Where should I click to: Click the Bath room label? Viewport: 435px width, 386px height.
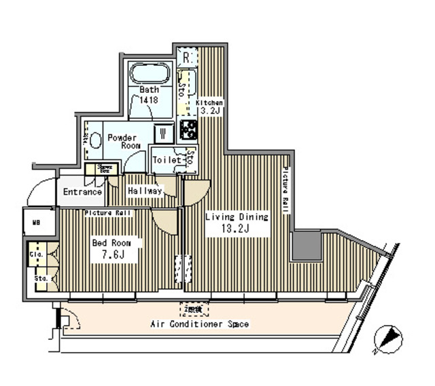150,90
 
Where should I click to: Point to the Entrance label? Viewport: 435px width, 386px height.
82,192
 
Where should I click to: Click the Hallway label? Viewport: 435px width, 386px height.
145,191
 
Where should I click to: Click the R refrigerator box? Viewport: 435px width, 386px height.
186,57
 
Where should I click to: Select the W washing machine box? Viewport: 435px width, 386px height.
163,133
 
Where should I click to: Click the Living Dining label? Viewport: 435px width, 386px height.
237,217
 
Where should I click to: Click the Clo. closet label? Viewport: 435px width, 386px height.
36,255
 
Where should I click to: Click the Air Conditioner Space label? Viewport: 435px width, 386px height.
199,324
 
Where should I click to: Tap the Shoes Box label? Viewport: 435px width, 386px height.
105,169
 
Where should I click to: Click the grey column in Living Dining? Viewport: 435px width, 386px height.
307,246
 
